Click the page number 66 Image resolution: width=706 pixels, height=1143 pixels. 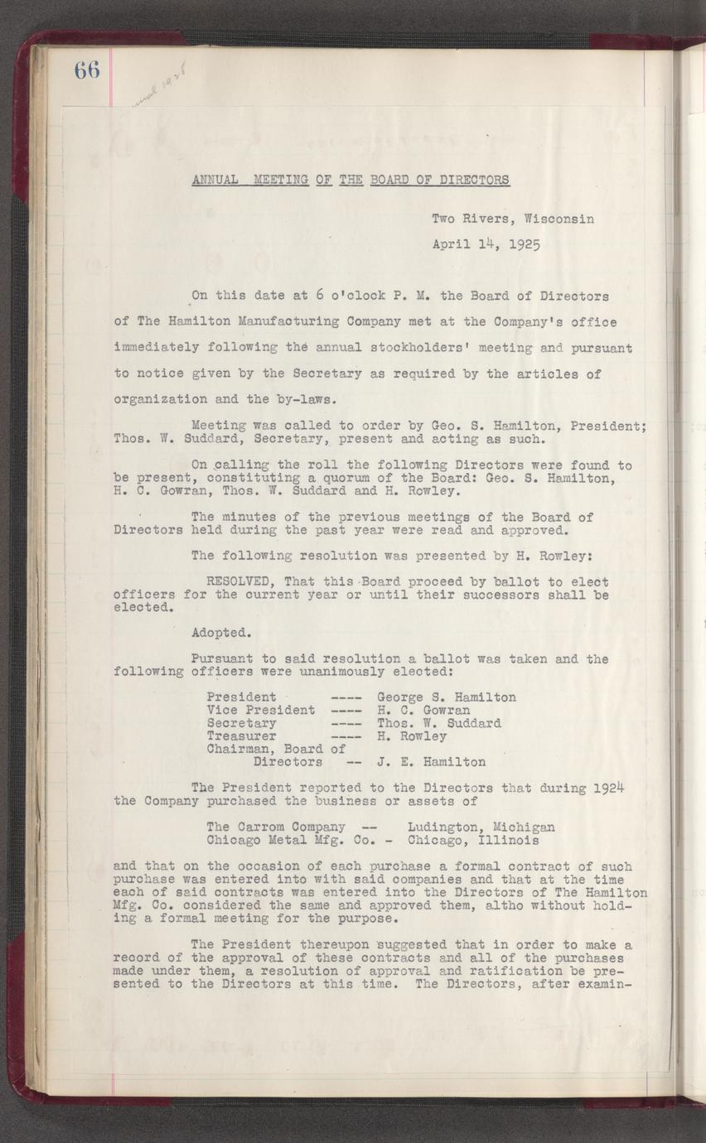tap(86, 70)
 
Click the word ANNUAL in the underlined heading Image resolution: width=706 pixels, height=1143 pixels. tap(215, 179)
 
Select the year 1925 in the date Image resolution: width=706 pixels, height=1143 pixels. tap(525, 245)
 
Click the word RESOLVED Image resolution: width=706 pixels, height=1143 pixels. tap(237, 581)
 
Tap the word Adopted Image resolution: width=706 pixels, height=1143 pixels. tap(220, 633)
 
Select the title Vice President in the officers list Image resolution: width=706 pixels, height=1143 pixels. tap(260, 710)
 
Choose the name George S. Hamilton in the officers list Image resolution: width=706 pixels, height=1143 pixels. tap(446, 697)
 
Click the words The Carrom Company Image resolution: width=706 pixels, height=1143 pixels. tap(275, 827)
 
